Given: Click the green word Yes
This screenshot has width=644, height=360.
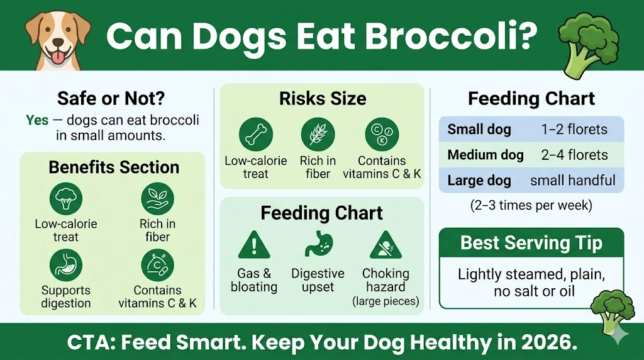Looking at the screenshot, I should click(x=37, y=120).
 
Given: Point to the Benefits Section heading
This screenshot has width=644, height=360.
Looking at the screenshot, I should click(x=114, y=167).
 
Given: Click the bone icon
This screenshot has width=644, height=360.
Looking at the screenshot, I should click(x=255, y=134).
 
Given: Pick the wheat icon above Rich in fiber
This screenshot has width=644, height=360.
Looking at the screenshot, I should click(x=318, y=134).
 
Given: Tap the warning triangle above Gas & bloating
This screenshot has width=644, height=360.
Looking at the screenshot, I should click(x=254, y=245).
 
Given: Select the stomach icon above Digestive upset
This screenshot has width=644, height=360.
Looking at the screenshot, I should click(x=318, y=245).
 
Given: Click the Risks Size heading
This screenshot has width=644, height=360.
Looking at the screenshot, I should click(x=323, y=99).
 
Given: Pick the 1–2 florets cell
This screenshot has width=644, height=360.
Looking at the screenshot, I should click(x=574, y=130).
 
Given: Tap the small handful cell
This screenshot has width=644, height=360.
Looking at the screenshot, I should click(x=572, y=181).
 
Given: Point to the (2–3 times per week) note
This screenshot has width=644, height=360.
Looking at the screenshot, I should click(x=531, y=205).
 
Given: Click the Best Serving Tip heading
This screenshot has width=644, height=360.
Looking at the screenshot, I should click(x=531, y=242).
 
